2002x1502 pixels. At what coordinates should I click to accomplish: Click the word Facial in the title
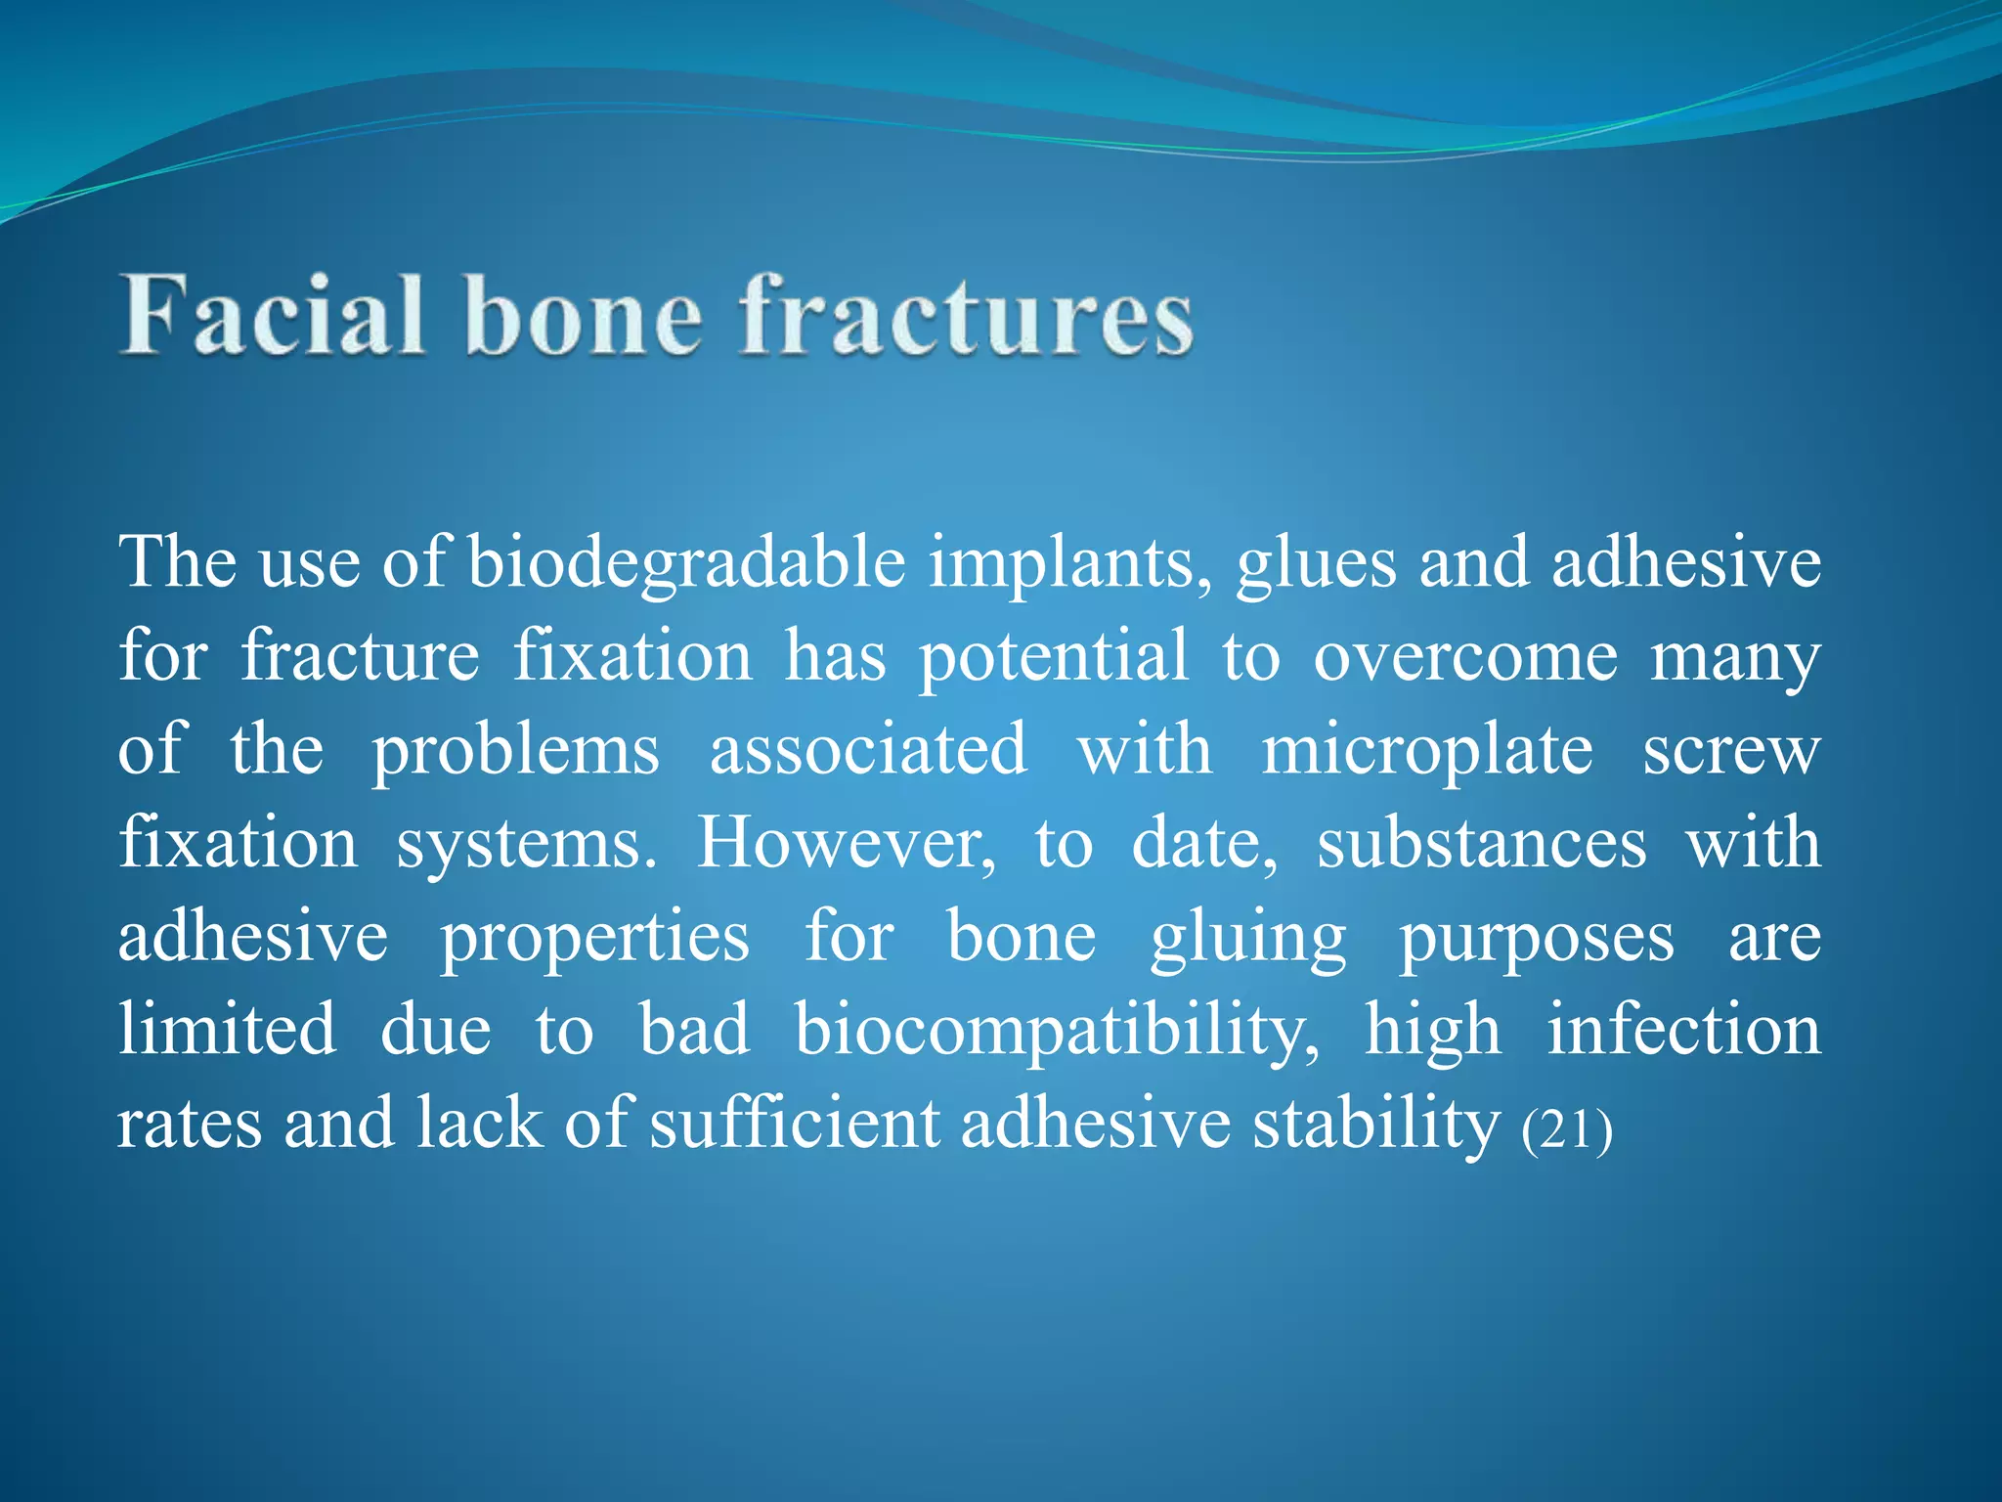[x=273, y=314]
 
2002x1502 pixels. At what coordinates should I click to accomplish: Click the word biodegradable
[x=686, y=564]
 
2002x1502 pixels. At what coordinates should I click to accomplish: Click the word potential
[x=1053, y=657]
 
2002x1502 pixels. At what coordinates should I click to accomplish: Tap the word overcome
[x=1465, y=657]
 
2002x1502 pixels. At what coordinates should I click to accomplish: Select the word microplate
[x=1426, y=751]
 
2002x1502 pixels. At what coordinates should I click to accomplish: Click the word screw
[x=1730, y=751]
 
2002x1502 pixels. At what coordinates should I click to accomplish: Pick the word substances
[x=1480, y=843]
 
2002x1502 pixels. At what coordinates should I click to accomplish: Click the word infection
[x=1683, y=1031]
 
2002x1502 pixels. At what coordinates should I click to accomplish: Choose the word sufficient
[x=794, y=1124]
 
